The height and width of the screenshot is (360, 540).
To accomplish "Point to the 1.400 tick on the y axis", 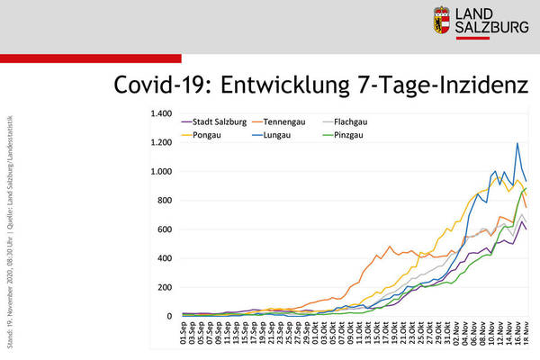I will click(160, 114).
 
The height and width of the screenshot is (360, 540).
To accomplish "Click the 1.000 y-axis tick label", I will click(160, 172).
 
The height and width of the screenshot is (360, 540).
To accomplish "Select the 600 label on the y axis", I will click(164, 229).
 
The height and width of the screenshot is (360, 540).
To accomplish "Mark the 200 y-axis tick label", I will click(164, 287).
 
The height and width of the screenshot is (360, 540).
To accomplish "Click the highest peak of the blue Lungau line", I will click(517, 143).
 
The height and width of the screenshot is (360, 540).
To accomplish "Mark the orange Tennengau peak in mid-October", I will click(390, 247).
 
